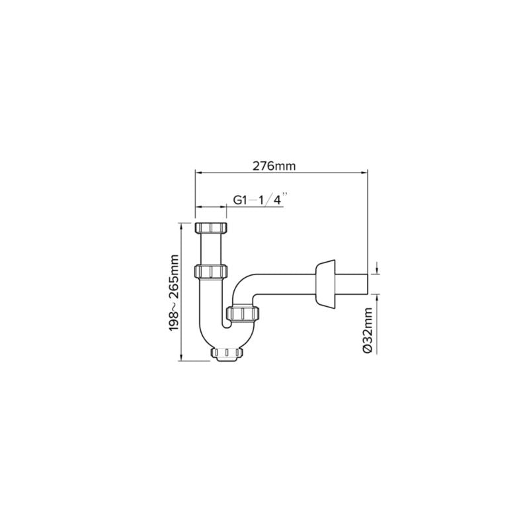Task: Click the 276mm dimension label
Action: point(274,166)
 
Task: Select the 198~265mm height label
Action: point(174,293)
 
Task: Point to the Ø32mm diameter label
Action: point(368,330)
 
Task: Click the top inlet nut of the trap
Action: point(211,227)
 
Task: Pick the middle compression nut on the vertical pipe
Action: point(211,272)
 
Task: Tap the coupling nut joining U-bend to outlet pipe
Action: point(243,313)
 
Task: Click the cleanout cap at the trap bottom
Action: point(227,354)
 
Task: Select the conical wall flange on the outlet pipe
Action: point(325,284)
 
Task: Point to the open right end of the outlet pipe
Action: point(367,284)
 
